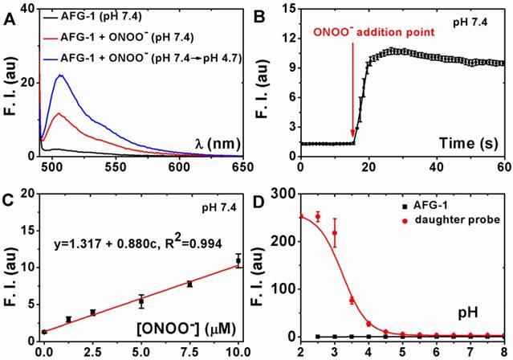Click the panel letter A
(10, 11)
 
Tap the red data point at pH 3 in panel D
(335, 233)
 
